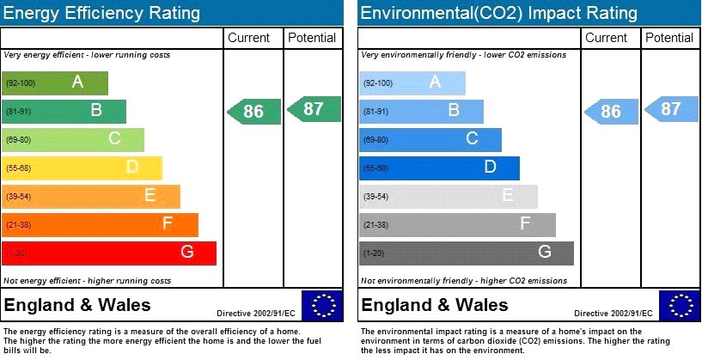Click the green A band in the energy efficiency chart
56,82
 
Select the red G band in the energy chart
109,253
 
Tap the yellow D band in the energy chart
82,168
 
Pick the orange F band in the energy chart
101,224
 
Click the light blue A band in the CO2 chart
412,82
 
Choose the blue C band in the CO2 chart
430,139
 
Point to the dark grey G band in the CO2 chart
467,253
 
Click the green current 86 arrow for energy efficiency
253,112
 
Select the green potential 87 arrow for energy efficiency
314,109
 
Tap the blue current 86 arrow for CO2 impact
611,112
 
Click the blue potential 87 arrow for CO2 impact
671,109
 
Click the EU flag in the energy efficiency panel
322,306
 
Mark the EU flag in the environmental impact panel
680,306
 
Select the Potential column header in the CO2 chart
669,38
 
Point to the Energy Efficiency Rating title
102,13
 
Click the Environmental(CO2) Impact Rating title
498,13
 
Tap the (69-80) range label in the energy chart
19,140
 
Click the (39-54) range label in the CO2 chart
377,197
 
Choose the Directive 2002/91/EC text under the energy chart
255,314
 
